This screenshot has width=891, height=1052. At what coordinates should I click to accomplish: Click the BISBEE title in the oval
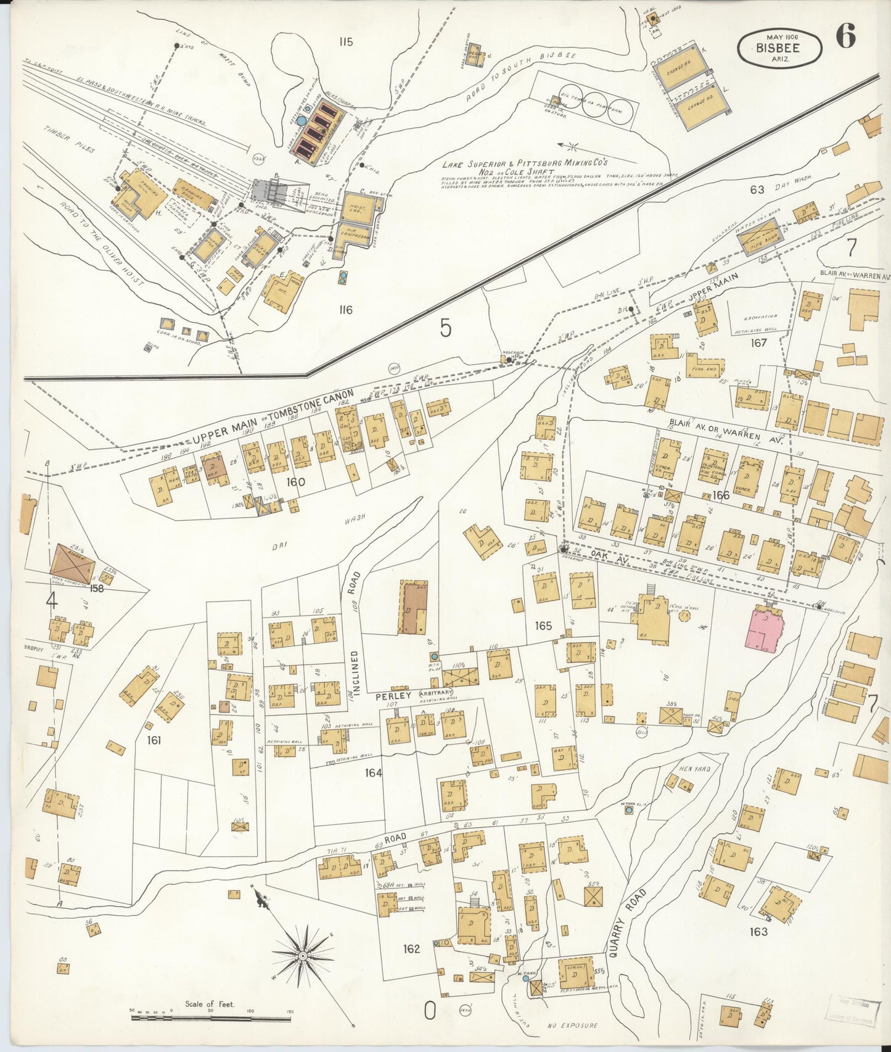tap(779, 48)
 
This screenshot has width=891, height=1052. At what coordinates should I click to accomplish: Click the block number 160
tap(295, 481)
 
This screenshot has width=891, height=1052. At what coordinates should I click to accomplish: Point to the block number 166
tap(720, 495)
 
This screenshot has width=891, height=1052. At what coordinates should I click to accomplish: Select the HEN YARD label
tap(694, 769)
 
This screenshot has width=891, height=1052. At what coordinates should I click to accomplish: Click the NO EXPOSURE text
tap(572, 1025)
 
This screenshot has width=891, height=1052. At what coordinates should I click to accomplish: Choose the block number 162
tap(411, 948)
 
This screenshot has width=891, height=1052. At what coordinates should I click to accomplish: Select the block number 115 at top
tap(345, 42)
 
